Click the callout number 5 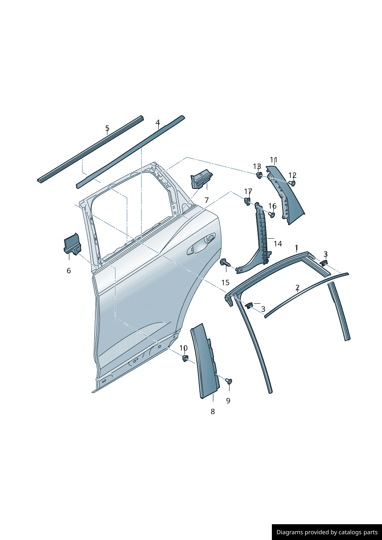[107, 128]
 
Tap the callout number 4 [157, 123]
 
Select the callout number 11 [273, 160]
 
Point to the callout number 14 [278, 244]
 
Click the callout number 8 [213, 411]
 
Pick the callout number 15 [225, 283]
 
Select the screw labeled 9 [229, 381]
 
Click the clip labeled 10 [185, 359]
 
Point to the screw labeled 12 [292, 183]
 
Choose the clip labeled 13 [259, 176]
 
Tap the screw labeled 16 [271, 214]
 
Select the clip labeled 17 [246, 201]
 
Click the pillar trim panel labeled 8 [205, 362]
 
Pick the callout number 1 [296, 247]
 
